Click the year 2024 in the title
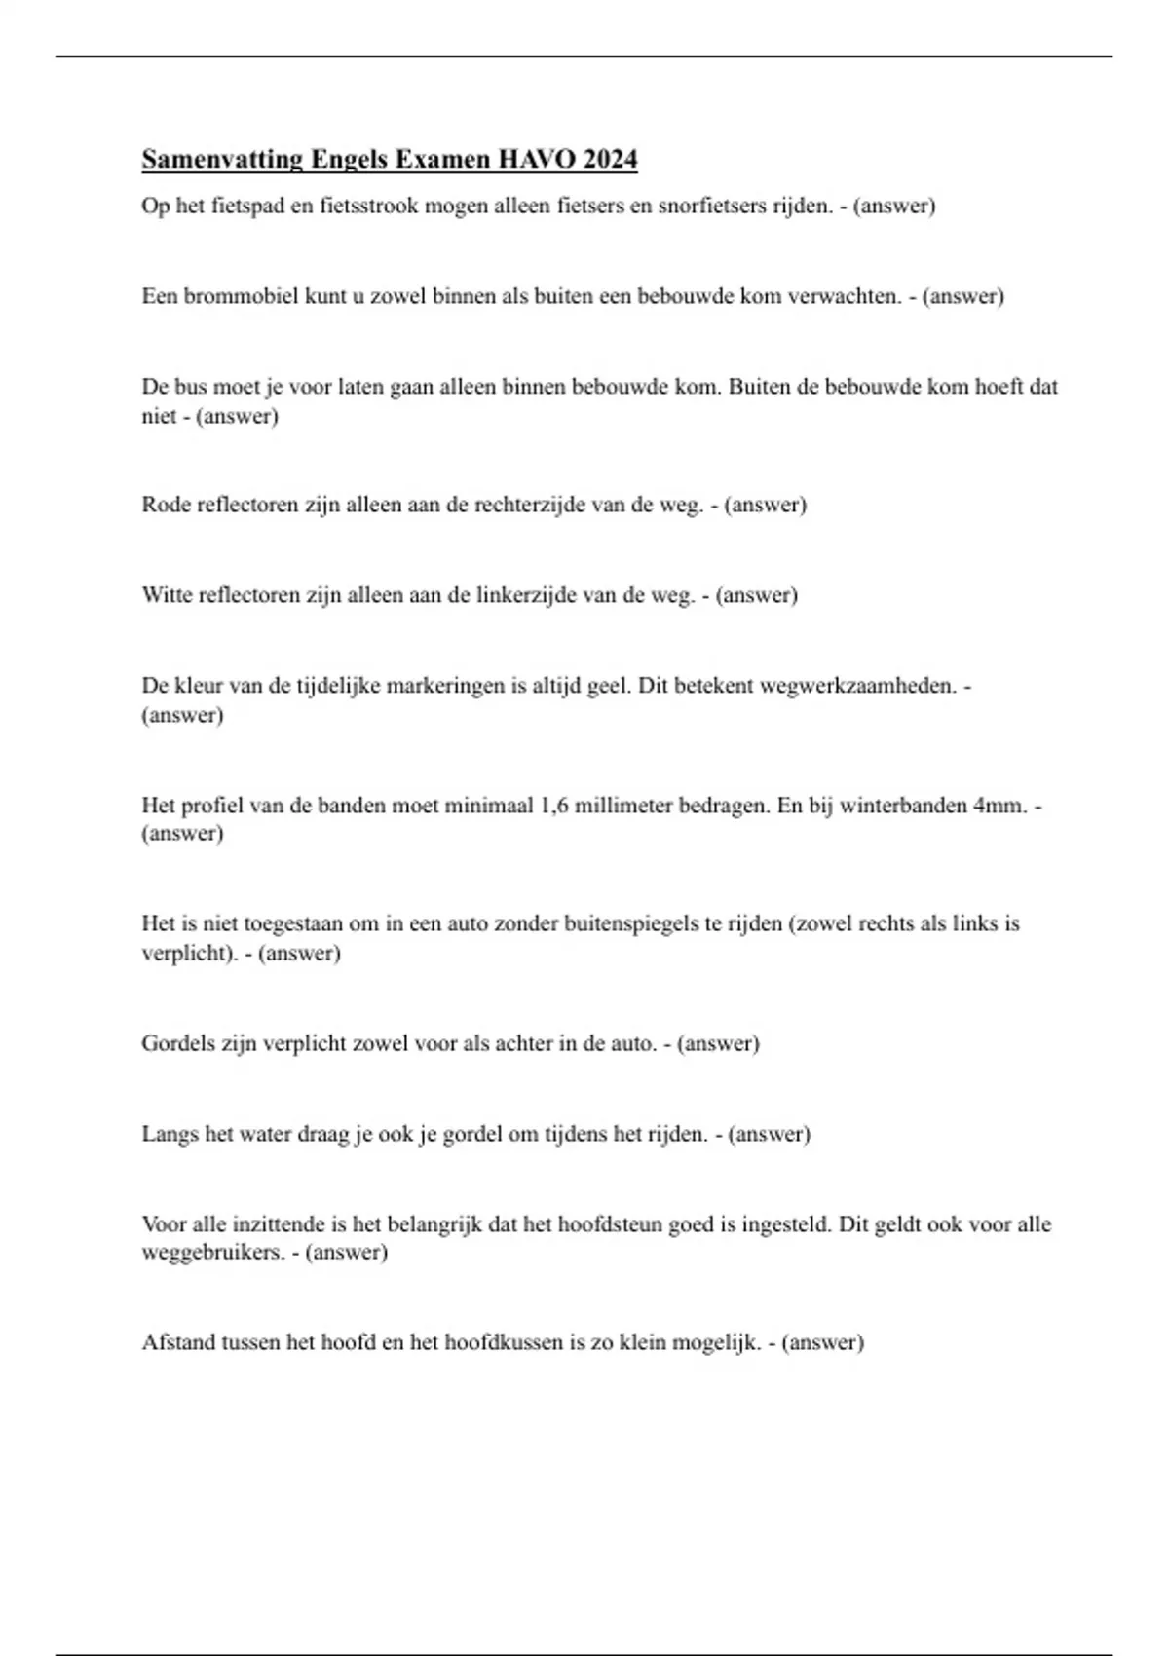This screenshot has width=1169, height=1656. point(610,159)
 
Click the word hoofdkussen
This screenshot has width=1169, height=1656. point(504,1342)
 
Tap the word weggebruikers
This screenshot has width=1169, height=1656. point(213,1253)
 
